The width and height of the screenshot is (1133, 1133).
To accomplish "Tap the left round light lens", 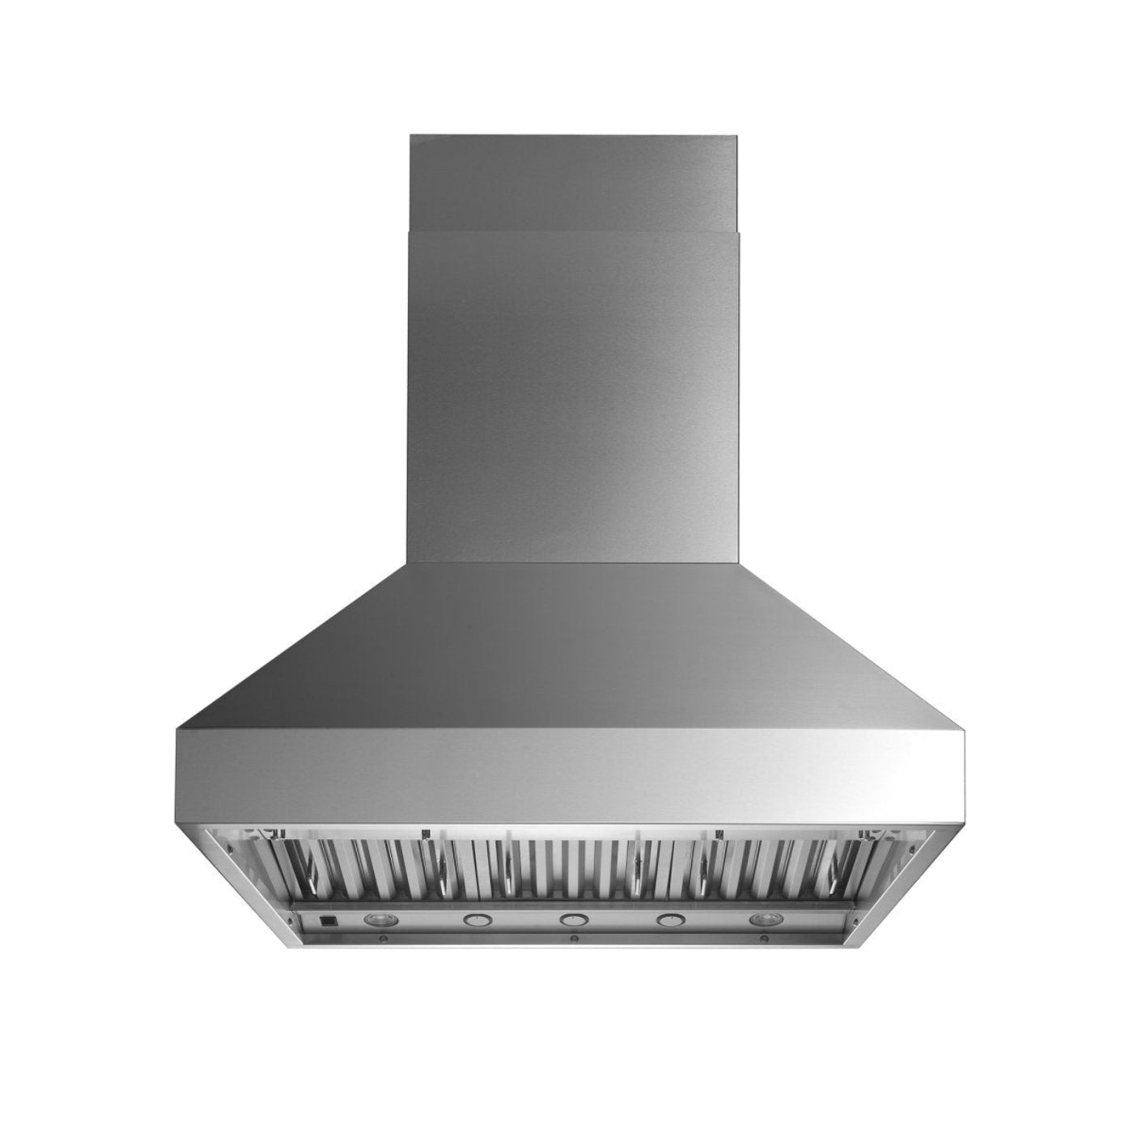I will pos(377,919).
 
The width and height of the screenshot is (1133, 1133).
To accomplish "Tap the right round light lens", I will pos(762,919).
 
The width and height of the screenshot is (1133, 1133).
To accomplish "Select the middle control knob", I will pos(571,919).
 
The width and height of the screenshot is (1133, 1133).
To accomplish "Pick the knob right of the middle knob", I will pos(668,919).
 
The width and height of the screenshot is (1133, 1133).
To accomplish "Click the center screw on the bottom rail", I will pos(574,939).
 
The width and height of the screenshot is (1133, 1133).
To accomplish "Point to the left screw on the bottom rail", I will pos(381,939).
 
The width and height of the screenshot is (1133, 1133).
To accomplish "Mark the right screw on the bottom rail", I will pos(765,939).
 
